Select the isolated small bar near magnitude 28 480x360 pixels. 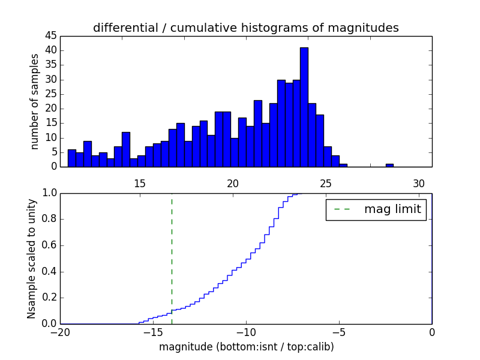pos(389,165)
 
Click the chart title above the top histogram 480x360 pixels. pos(246,28)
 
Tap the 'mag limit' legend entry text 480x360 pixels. pos(392,209)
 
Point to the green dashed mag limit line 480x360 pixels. pos(172,258)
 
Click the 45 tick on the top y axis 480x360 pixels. pos(50,35)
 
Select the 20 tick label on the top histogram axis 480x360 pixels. pos(233,184)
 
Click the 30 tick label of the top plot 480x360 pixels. pos(418,184)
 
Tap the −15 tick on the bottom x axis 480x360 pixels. pos(153,332)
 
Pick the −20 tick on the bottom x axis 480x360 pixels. pos(60,332)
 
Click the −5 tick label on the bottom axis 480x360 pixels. pos(339,332)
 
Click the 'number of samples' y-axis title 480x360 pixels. pos(35,101)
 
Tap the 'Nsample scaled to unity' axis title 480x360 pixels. pos(31,259)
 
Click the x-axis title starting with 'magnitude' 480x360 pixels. pos(246,347)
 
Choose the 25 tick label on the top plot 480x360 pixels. pos(326,184)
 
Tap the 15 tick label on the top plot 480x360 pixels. pos(140,184)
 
